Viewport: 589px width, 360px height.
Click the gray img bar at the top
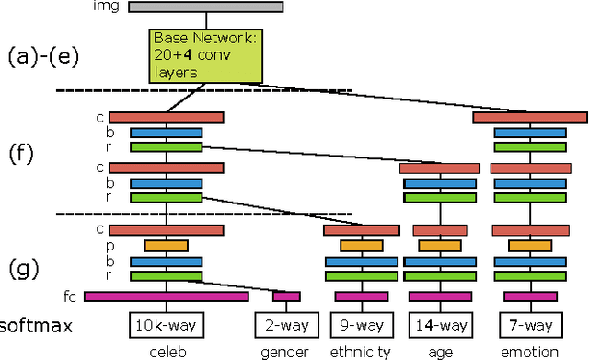204,7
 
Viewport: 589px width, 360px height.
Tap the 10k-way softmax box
167,325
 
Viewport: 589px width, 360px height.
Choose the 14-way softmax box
439,325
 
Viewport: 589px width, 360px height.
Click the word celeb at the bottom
167,352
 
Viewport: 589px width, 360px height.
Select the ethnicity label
360,352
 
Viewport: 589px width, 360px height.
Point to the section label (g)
23,269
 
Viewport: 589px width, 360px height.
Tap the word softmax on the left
36,326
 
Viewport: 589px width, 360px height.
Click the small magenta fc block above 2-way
286,296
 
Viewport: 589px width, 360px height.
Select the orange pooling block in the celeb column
167,246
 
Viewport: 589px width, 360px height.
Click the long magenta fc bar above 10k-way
167,296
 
